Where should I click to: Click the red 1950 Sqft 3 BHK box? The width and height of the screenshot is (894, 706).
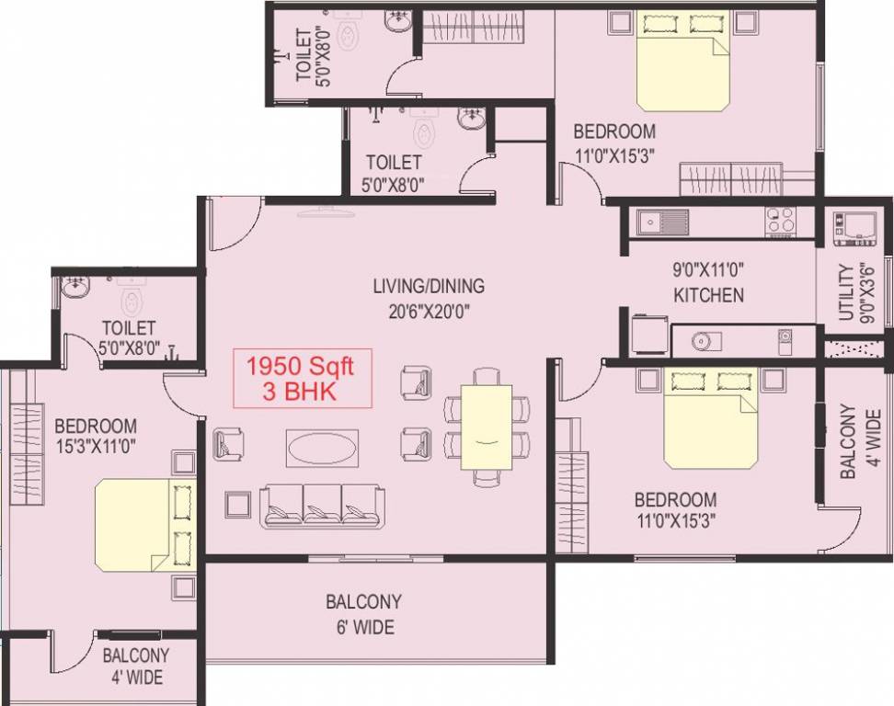point(302,378)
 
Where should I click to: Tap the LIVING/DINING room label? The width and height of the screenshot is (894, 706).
point(429,286)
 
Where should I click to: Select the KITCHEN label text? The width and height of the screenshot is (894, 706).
point(707,295)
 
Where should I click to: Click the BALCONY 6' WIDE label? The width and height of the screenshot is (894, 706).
point(363,615)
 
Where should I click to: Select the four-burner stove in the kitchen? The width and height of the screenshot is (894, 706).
point(780,221)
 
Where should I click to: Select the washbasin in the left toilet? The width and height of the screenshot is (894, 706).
point(74,288)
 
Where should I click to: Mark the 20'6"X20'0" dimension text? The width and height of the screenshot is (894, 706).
point(429,311)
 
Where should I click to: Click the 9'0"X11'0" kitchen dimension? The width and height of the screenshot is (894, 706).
point(707,271)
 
